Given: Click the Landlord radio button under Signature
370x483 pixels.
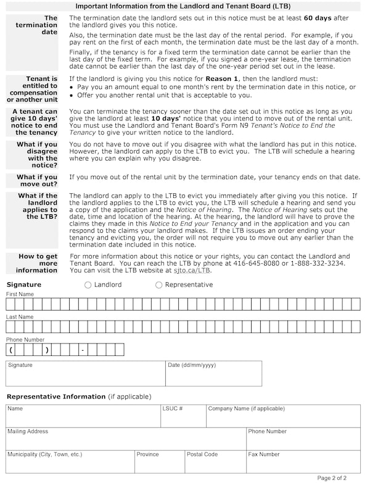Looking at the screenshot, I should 88,285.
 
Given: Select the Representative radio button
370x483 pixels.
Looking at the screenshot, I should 159,285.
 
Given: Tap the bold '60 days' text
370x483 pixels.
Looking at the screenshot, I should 318,19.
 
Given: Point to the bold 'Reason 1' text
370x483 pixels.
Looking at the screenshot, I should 223,79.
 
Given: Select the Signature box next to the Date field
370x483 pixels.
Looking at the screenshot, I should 85,374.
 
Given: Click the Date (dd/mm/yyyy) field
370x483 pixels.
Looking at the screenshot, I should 213,374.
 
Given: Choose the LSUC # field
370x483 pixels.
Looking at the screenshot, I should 183,416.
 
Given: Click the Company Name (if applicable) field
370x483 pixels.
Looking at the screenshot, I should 283,416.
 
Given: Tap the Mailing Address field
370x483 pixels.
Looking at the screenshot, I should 126,439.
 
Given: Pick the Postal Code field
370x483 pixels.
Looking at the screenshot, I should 215,462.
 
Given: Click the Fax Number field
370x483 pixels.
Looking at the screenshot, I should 303,462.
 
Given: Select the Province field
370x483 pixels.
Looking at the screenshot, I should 159,462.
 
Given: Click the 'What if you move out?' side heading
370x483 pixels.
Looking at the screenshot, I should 37,180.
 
